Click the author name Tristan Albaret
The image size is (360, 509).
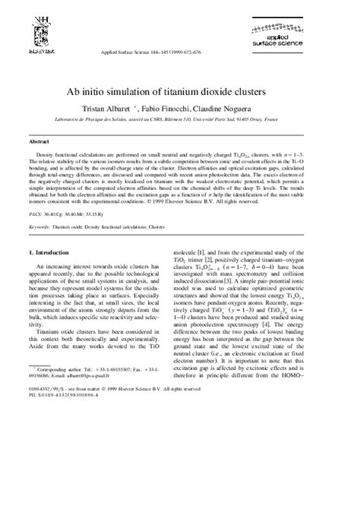click(x=126, y=108)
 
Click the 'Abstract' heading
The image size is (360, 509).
click(x=39, y=142)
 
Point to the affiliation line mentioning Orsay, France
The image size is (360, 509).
click(x=179, y=119)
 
